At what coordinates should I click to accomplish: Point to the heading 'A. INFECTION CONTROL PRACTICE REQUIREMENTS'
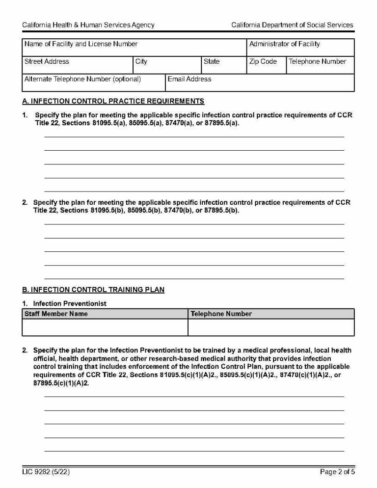coord(113,102)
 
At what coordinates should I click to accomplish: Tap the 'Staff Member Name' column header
coord(56,314)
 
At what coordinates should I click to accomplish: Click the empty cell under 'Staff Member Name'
coord(105,327)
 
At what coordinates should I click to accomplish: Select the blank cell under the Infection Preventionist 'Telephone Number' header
coord(271,327)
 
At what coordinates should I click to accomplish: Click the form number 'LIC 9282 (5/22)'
coord(49,472)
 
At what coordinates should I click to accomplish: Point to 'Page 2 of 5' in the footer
coord(337,472)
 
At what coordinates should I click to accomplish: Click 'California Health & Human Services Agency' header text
coord(88,25)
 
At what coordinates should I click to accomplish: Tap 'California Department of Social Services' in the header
coord(292,25)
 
